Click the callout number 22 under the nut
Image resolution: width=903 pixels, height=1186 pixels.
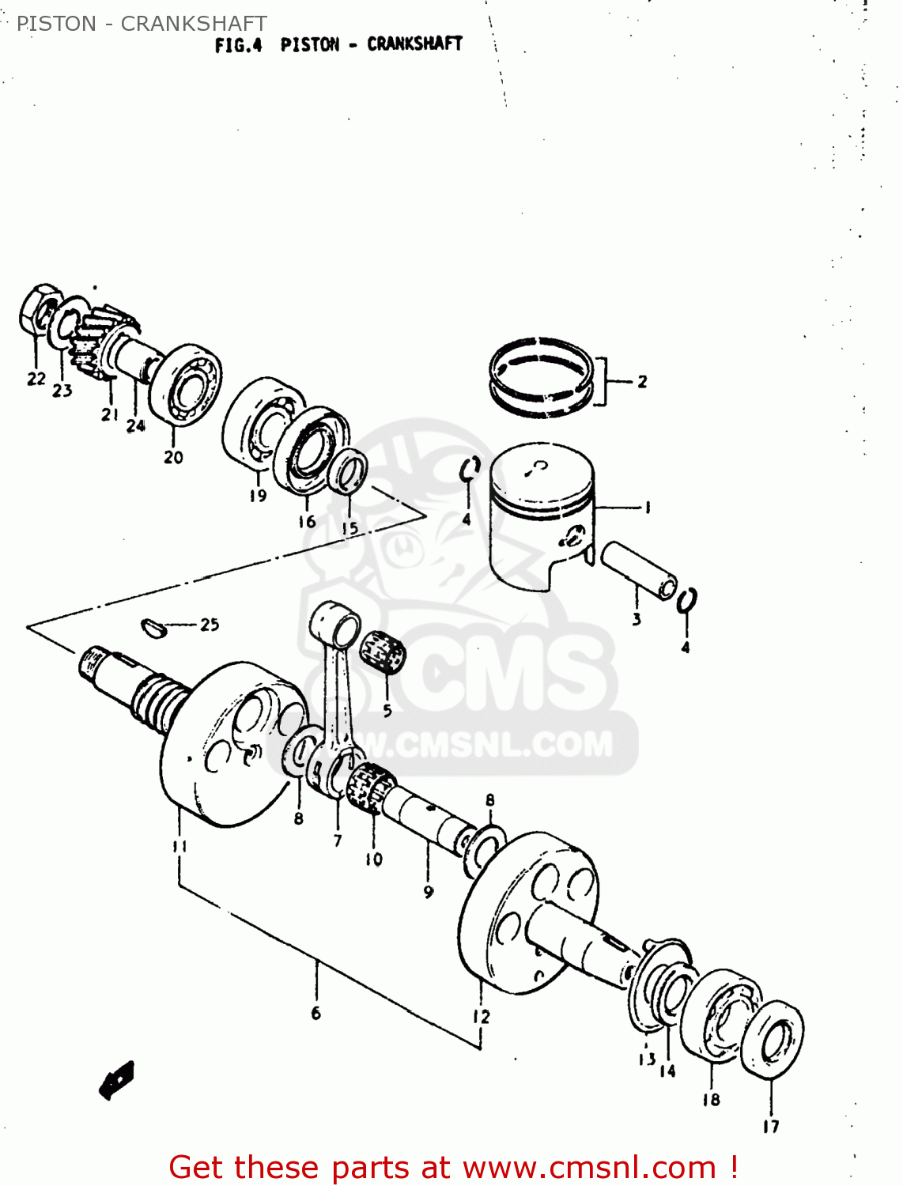point(36,380)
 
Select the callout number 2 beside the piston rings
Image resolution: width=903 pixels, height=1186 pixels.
point(642,382)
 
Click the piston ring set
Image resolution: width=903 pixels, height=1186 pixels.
point(541,376)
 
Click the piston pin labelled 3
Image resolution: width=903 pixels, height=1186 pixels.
point(639,571)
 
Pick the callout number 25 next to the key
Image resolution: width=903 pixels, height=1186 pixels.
point(210,625)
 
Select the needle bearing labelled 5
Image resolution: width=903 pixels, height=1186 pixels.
point(383,652)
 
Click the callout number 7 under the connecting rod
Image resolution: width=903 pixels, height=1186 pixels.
point(338,840)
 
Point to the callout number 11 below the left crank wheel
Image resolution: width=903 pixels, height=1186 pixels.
point(179,847)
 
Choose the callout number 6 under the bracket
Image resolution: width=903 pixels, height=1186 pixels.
point(315,1013)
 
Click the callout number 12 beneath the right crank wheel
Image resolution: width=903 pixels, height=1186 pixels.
point(482,1017)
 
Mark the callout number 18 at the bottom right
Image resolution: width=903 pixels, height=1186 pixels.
point(711,1099)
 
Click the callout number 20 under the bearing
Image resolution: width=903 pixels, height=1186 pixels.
point(173,457)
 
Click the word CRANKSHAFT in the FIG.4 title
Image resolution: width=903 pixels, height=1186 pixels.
point(414,44)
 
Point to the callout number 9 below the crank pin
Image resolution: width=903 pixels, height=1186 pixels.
point(429,892)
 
